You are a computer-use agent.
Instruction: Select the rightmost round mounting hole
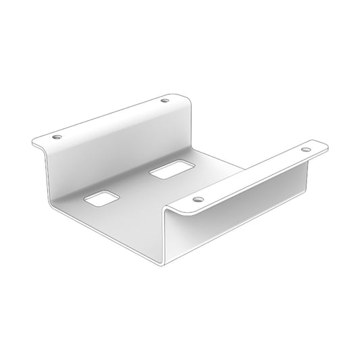(x=306, y=149)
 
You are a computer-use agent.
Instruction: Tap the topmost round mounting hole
(x=165, y=101)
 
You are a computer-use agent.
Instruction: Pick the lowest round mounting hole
(x=198, y=201)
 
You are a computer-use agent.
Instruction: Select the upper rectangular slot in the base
(x=170, y=171)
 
